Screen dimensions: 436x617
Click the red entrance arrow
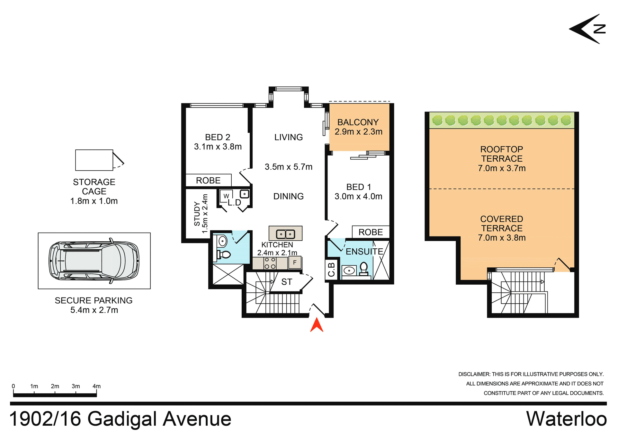point(317,325)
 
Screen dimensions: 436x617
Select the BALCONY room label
point(358,122)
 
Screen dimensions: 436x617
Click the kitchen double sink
point(285,234)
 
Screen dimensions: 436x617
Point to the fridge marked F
point(295,262)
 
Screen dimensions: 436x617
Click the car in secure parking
point(94,261)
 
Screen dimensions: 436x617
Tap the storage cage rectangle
point(94,160)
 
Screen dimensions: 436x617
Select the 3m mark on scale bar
point(76,386)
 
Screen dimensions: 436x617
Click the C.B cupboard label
point(331,270)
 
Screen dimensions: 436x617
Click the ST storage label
point(287,282)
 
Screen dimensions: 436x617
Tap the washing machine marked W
point(226,196)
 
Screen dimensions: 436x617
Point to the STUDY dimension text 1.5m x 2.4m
point(205,214)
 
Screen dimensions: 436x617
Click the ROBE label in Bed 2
point(208,181)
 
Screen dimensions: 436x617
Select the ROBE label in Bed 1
point(371,232)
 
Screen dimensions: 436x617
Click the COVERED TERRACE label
point(502,224)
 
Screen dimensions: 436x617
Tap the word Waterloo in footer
point(566,419)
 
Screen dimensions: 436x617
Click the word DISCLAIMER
point(474,374)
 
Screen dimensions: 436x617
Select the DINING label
point(288,196)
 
